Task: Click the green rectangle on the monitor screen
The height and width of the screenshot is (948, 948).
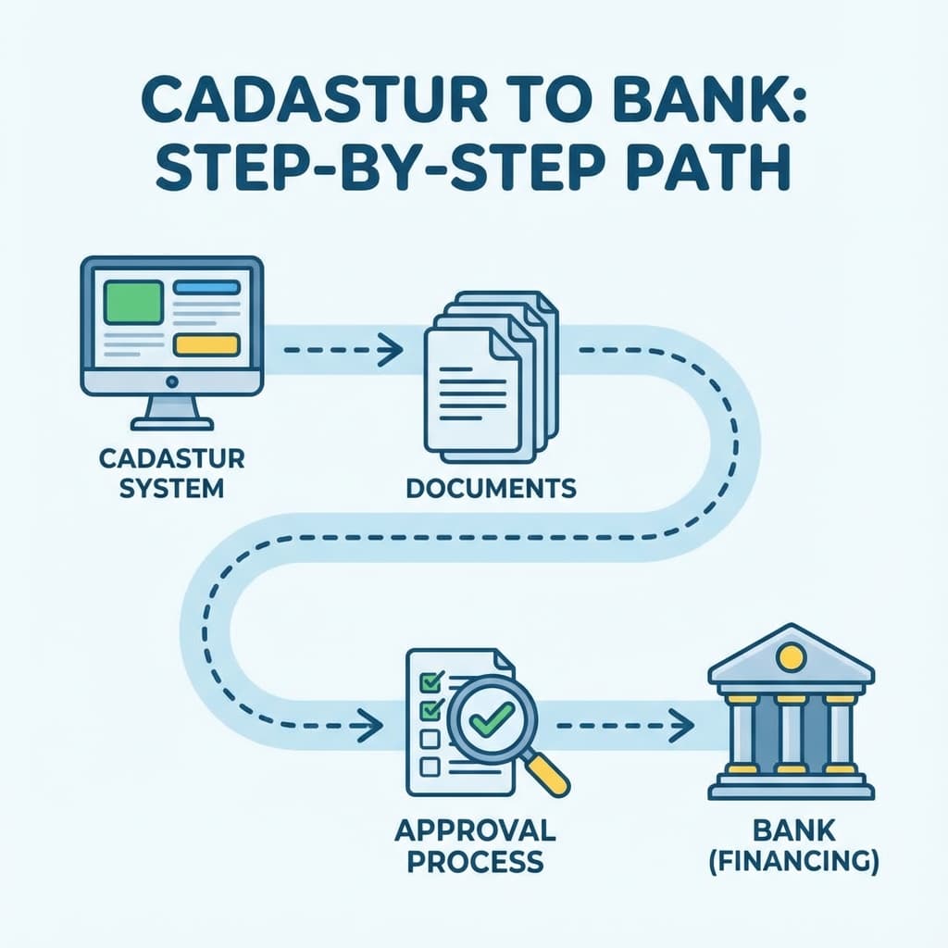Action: (x=133, y=303)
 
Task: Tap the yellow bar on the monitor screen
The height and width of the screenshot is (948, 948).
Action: (x=206, y=344)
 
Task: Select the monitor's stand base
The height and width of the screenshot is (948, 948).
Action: (x=171, y=423)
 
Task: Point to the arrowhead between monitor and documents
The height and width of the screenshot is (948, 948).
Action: (x=393, y=350)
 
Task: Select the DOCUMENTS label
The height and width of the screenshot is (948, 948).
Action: (x=491, y=487)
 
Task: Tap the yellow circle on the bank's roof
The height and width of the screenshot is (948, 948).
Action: (x=790, y=658)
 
